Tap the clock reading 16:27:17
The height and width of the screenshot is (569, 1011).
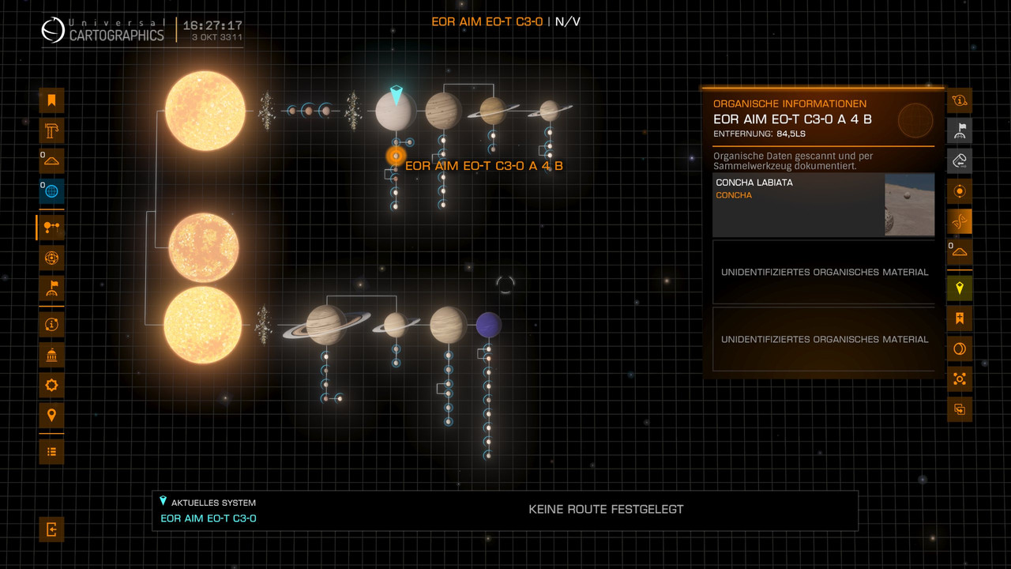click(x=212, y=25)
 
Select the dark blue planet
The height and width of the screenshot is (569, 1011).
click(x=489, y=325)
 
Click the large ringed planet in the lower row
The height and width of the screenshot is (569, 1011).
click(x=326, y=325)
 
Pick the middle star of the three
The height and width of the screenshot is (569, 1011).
click(x=204, y=247)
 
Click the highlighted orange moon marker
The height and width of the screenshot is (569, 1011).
click(x=396, y=156)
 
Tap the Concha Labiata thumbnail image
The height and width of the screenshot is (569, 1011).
click(x=909, y=205)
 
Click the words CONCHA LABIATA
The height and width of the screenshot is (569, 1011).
click(x=754, y=183)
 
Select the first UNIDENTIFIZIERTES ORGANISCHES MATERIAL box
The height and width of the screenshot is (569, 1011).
click(x=824, y=272)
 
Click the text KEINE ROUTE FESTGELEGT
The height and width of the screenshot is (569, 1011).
click(x=606, y=510)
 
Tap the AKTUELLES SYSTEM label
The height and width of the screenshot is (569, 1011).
click(x=213, y=503)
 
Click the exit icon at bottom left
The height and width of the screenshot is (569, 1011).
click(x=51, y=529)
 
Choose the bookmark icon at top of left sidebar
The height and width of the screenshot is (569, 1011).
click(x=51, y=100)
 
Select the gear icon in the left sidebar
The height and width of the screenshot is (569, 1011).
click(x=51, y=385)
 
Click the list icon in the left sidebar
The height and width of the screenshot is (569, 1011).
click(x=51, y=451)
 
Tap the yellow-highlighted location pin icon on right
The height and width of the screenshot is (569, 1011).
click(x=960, y=288)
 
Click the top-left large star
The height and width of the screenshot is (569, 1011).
click(x=205, y=111)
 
